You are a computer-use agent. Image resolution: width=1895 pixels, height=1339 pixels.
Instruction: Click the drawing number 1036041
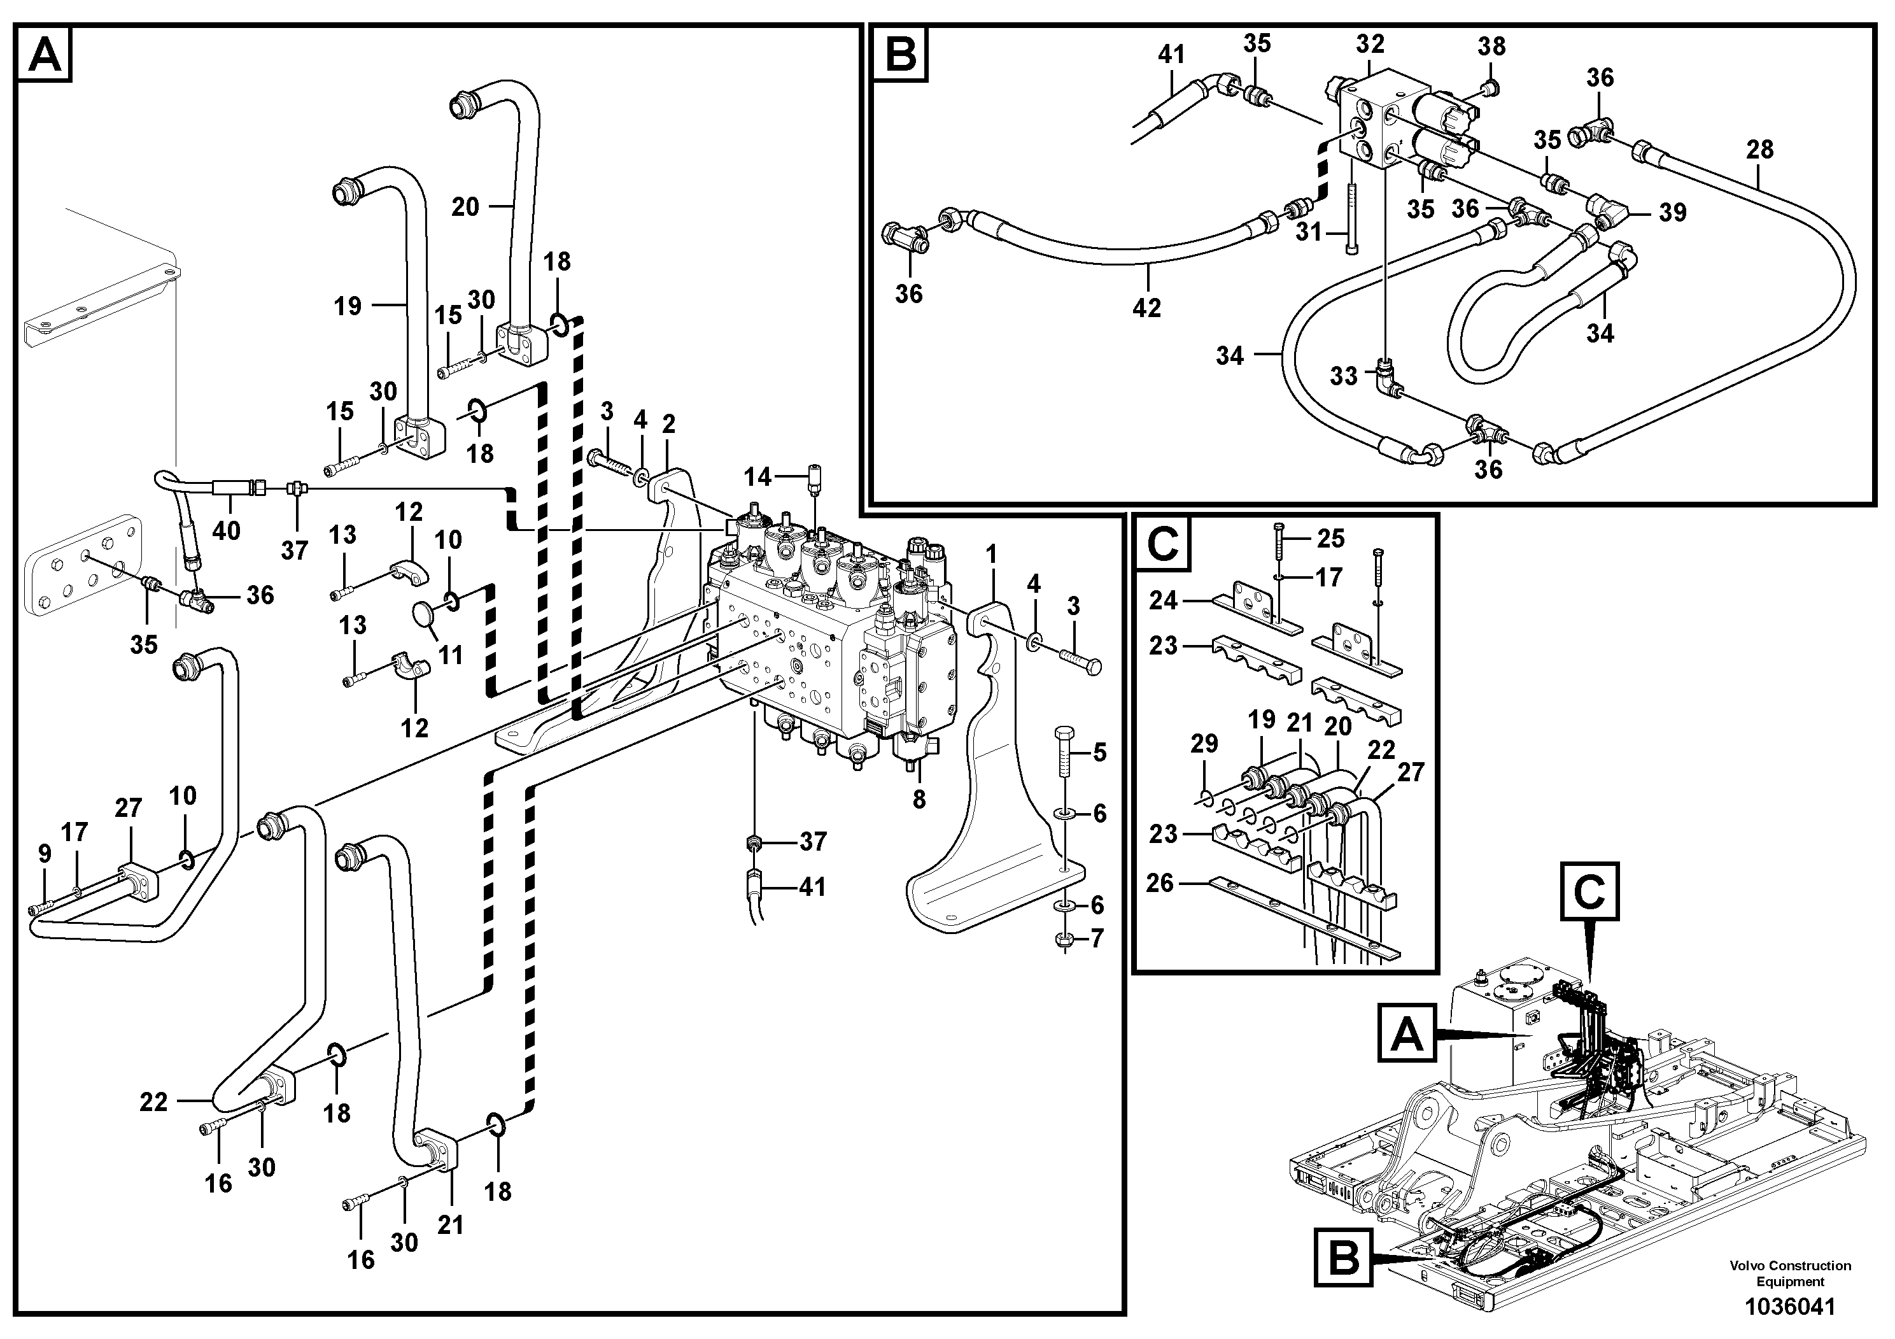click(x=1789, y=1307)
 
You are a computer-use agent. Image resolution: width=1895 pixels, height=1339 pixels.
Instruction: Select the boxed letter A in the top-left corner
click(x=45, y=56)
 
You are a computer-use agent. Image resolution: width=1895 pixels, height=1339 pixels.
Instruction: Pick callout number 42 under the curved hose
click(x=1146, y=308)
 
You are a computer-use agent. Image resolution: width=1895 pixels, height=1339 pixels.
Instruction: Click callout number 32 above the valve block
click(x=1370, y=44)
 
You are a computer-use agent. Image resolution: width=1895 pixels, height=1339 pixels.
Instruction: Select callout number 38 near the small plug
click(x=1491, y=46)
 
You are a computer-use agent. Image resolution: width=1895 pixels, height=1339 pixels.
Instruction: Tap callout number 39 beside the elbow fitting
click(x=1672, y=212)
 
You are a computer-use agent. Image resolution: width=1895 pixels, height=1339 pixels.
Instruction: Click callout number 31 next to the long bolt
click(x=1309, y=232)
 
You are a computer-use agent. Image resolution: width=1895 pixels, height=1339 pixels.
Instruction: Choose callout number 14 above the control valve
click(x=757, y=476)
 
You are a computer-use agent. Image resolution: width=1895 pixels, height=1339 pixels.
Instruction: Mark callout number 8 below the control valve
click(x=919, y=798)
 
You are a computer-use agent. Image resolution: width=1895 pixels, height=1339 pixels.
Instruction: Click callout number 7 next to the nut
click(x=1096, y=939)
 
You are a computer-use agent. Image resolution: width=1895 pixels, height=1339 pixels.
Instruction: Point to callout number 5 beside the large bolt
click(x=1099, y=752)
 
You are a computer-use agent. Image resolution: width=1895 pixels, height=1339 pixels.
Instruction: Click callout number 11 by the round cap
click(x=450, y=655)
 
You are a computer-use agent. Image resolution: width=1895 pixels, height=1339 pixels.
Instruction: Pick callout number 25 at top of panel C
click(x=1330, y=538)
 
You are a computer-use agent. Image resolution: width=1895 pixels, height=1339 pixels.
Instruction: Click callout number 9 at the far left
click(x=45, y=854)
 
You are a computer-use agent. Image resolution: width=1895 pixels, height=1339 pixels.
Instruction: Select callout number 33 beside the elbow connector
click(x=1344, y=376)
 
